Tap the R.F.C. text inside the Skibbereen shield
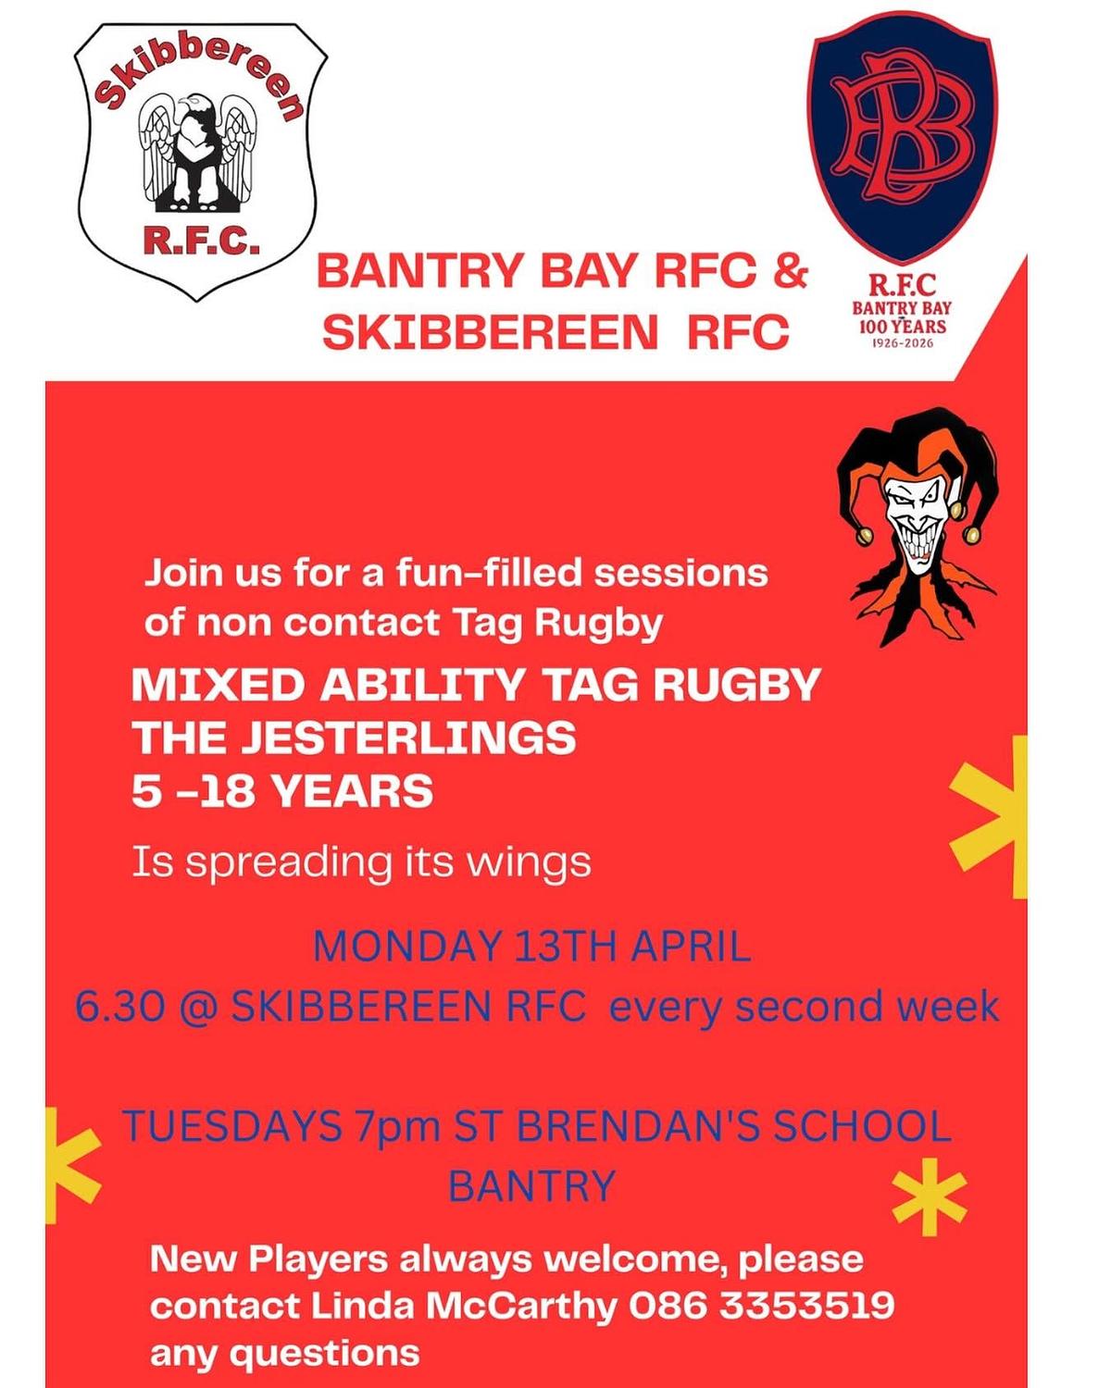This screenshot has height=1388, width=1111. [201, 241]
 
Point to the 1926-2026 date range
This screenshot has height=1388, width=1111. [903, 343]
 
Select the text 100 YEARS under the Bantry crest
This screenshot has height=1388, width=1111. [903, 327]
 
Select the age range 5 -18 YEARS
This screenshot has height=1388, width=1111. [282, 791]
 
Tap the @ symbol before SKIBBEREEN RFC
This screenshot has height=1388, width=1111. [198, 1006]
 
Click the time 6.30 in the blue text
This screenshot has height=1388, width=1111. [120, 1006]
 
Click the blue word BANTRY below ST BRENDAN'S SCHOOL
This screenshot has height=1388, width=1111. [531, 1185]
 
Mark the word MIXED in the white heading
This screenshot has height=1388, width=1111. [218, 685]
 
